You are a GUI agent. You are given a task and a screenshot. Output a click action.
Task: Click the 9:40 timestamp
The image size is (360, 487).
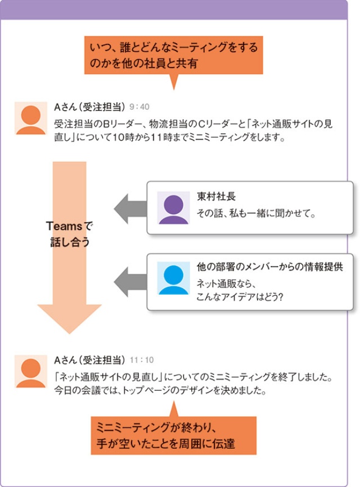click(x=139, y=107)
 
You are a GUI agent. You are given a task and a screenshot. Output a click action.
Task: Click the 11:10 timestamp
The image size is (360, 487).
click(x=142, y=360)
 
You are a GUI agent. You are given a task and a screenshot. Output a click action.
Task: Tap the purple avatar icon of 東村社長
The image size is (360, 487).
click(x=173, y=208)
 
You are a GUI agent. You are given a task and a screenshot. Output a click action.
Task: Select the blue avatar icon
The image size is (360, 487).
click(x=173, y=278)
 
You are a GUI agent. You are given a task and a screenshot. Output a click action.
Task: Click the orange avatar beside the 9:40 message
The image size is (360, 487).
click(x=31, y=119)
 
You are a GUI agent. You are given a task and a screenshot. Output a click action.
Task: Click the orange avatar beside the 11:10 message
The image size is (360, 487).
click(x=31, y=371)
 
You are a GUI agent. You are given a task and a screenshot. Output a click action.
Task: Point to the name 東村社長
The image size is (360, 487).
click(x=216, y=197)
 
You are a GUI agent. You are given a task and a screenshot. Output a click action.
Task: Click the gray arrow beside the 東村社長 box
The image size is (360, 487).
click(x=129, y=208)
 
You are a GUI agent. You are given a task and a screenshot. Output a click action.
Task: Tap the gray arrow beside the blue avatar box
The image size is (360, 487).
click(x=129, y=278)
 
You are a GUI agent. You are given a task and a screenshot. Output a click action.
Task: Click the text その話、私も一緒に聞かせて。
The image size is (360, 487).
click(x=255, y=214)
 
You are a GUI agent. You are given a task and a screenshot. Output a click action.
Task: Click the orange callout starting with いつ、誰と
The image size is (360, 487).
click(x=173, y=56)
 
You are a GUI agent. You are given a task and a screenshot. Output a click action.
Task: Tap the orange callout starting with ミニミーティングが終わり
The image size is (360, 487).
click(x=173, y=435)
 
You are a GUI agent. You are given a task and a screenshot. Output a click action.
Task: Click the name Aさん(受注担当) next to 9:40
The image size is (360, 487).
click(x=89, y=107)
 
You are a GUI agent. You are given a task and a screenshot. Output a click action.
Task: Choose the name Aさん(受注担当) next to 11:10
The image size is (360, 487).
click(x=89, y=360)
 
